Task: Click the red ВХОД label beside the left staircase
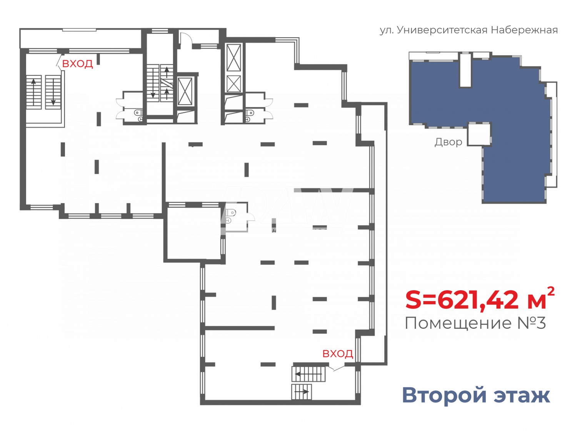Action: click(x=77, y=64)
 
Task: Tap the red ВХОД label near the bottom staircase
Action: click(x=337, y=353)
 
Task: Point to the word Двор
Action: click(x=448, y=142)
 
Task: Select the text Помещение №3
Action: click(x=475, y=323)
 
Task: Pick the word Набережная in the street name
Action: click(x=524, y=30)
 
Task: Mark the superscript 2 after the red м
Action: click(x=550, y=291)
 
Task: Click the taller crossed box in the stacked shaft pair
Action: click(x=233, y=58)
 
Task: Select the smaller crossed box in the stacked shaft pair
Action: click(x=233, y=84)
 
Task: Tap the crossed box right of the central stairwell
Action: click(x=185, y=92)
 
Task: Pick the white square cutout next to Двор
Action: click(x=479, y=134)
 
